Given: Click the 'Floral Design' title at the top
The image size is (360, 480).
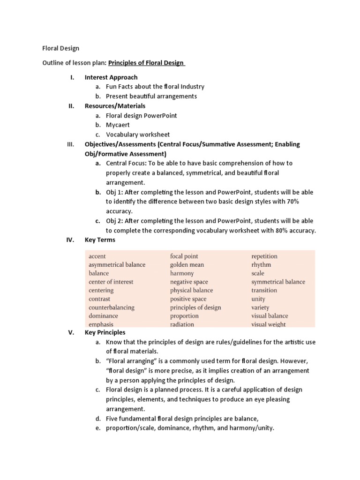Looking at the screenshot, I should point(61,48).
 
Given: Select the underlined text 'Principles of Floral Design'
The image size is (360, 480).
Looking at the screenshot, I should point(146,63).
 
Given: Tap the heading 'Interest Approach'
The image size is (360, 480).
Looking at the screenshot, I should point(111,77).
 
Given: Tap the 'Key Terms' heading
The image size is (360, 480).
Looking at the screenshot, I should point(99,240).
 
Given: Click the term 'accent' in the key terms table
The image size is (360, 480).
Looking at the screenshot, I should point(97,256).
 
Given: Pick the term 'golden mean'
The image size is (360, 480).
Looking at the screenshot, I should point(187,265).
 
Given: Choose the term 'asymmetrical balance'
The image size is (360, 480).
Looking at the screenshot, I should point(117,265).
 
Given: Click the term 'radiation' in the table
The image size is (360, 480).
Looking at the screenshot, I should point(182,324).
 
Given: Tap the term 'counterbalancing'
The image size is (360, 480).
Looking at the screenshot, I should point(112,307).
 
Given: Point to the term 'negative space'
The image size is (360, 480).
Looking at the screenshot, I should point(189,282).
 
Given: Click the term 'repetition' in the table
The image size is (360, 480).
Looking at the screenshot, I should point(264,256).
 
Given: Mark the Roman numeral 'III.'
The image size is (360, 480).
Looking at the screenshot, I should point(71,144).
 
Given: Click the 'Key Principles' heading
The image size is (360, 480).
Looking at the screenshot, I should point(105,333).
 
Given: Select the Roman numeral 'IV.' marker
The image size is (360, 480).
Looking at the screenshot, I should point(70,240).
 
